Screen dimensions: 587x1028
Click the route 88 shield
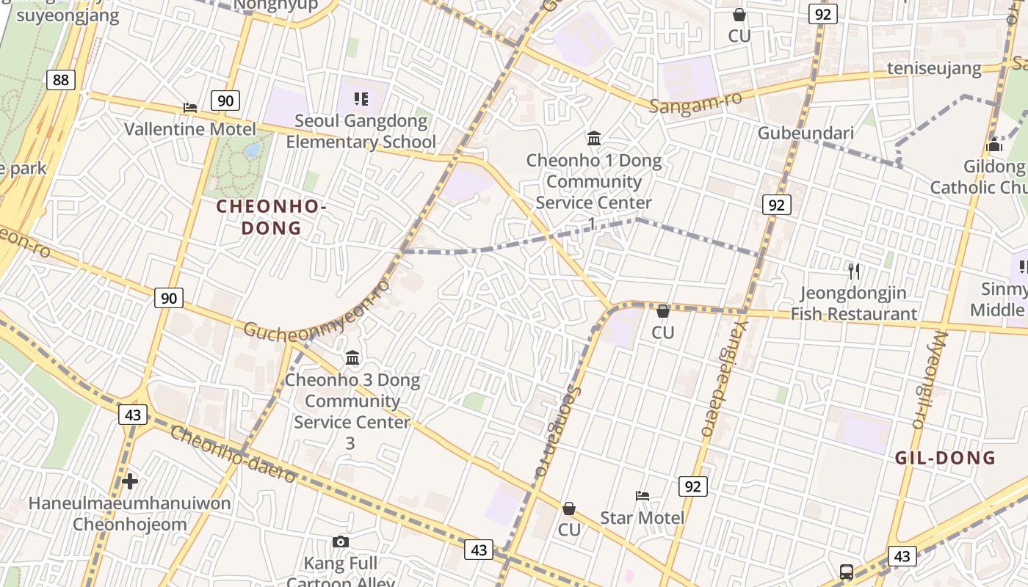point(60,79)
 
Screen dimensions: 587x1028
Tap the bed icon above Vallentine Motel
point(190,108)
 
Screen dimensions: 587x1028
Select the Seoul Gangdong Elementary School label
point(361,131)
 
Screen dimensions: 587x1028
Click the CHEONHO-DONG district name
point(271,217)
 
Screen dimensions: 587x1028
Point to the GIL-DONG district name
point(945,458)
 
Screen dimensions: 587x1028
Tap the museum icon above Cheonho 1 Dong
point(594,138)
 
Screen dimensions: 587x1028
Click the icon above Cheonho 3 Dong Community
point(352,358)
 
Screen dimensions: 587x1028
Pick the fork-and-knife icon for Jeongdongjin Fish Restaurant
point(853,271)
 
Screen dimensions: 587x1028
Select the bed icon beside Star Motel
point(642,496)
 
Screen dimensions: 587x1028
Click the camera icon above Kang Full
point(340,542)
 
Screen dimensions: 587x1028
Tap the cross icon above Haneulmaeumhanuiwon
point(130,481)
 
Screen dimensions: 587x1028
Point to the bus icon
point(846,572)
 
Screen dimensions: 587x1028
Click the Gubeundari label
point(806,133)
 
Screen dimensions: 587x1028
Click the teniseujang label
point(934,68)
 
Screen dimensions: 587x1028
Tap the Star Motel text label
point(642,518)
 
